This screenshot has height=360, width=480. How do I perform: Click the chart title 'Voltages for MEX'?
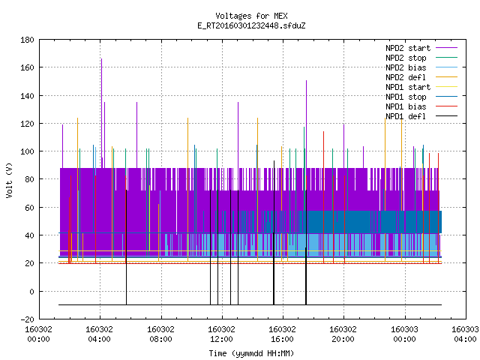251,16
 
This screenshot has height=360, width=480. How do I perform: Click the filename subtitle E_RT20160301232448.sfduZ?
251,25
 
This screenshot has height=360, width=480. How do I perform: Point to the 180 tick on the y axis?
27,40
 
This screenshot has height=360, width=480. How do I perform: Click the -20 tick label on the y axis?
27,319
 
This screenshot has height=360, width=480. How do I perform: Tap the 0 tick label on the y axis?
31,292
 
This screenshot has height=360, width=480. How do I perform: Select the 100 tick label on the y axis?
27,151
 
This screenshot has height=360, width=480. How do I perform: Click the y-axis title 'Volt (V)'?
9,180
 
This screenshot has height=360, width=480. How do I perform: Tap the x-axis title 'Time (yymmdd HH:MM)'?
251,353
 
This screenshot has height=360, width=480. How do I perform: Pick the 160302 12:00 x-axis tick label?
221,334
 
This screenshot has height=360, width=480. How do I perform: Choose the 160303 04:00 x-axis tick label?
465,334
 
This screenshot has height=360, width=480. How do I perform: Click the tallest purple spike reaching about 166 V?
102,113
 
